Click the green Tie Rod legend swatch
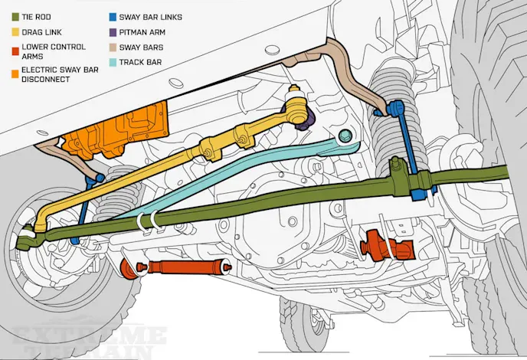click(6, 15)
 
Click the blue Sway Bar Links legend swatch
click(113, 15)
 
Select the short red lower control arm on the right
click(387, 244)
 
